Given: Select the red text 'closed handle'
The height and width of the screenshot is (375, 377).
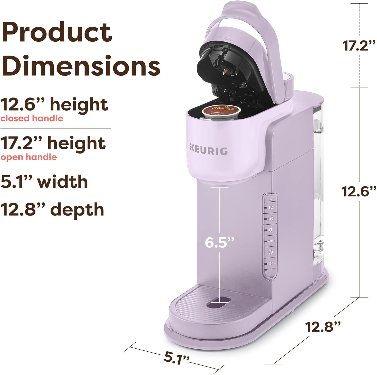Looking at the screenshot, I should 32,118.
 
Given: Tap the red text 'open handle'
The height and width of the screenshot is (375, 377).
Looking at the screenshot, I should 29,157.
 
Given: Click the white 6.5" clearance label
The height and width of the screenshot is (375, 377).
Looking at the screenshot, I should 219,242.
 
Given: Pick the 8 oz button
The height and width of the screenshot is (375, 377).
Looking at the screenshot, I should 270,230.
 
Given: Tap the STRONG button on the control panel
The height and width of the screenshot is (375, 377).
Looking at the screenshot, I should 271,241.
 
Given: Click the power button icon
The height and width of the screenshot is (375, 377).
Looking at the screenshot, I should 270,252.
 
